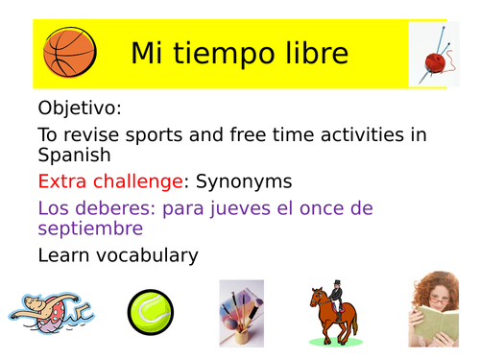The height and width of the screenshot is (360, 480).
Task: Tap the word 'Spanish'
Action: point(74,155)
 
